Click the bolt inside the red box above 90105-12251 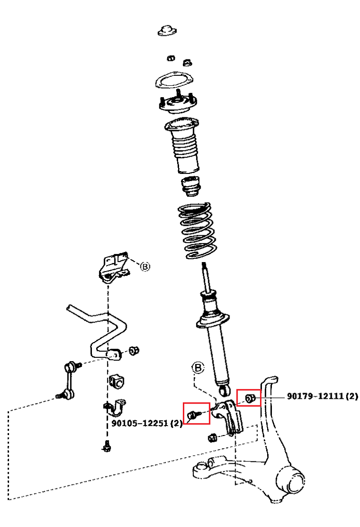click(x=192, y=415)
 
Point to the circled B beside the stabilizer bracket click(x=145, y=266)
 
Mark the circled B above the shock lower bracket click(x=198, y=368)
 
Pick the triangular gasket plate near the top click(x=171, y=79)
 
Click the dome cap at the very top click(x=167, y=30)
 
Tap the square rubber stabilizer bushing click(x=116, y=381)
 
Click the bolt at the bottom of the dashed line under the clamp click(x=106, y=446)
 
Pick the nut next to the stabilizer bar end click(x=134, y=351)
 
